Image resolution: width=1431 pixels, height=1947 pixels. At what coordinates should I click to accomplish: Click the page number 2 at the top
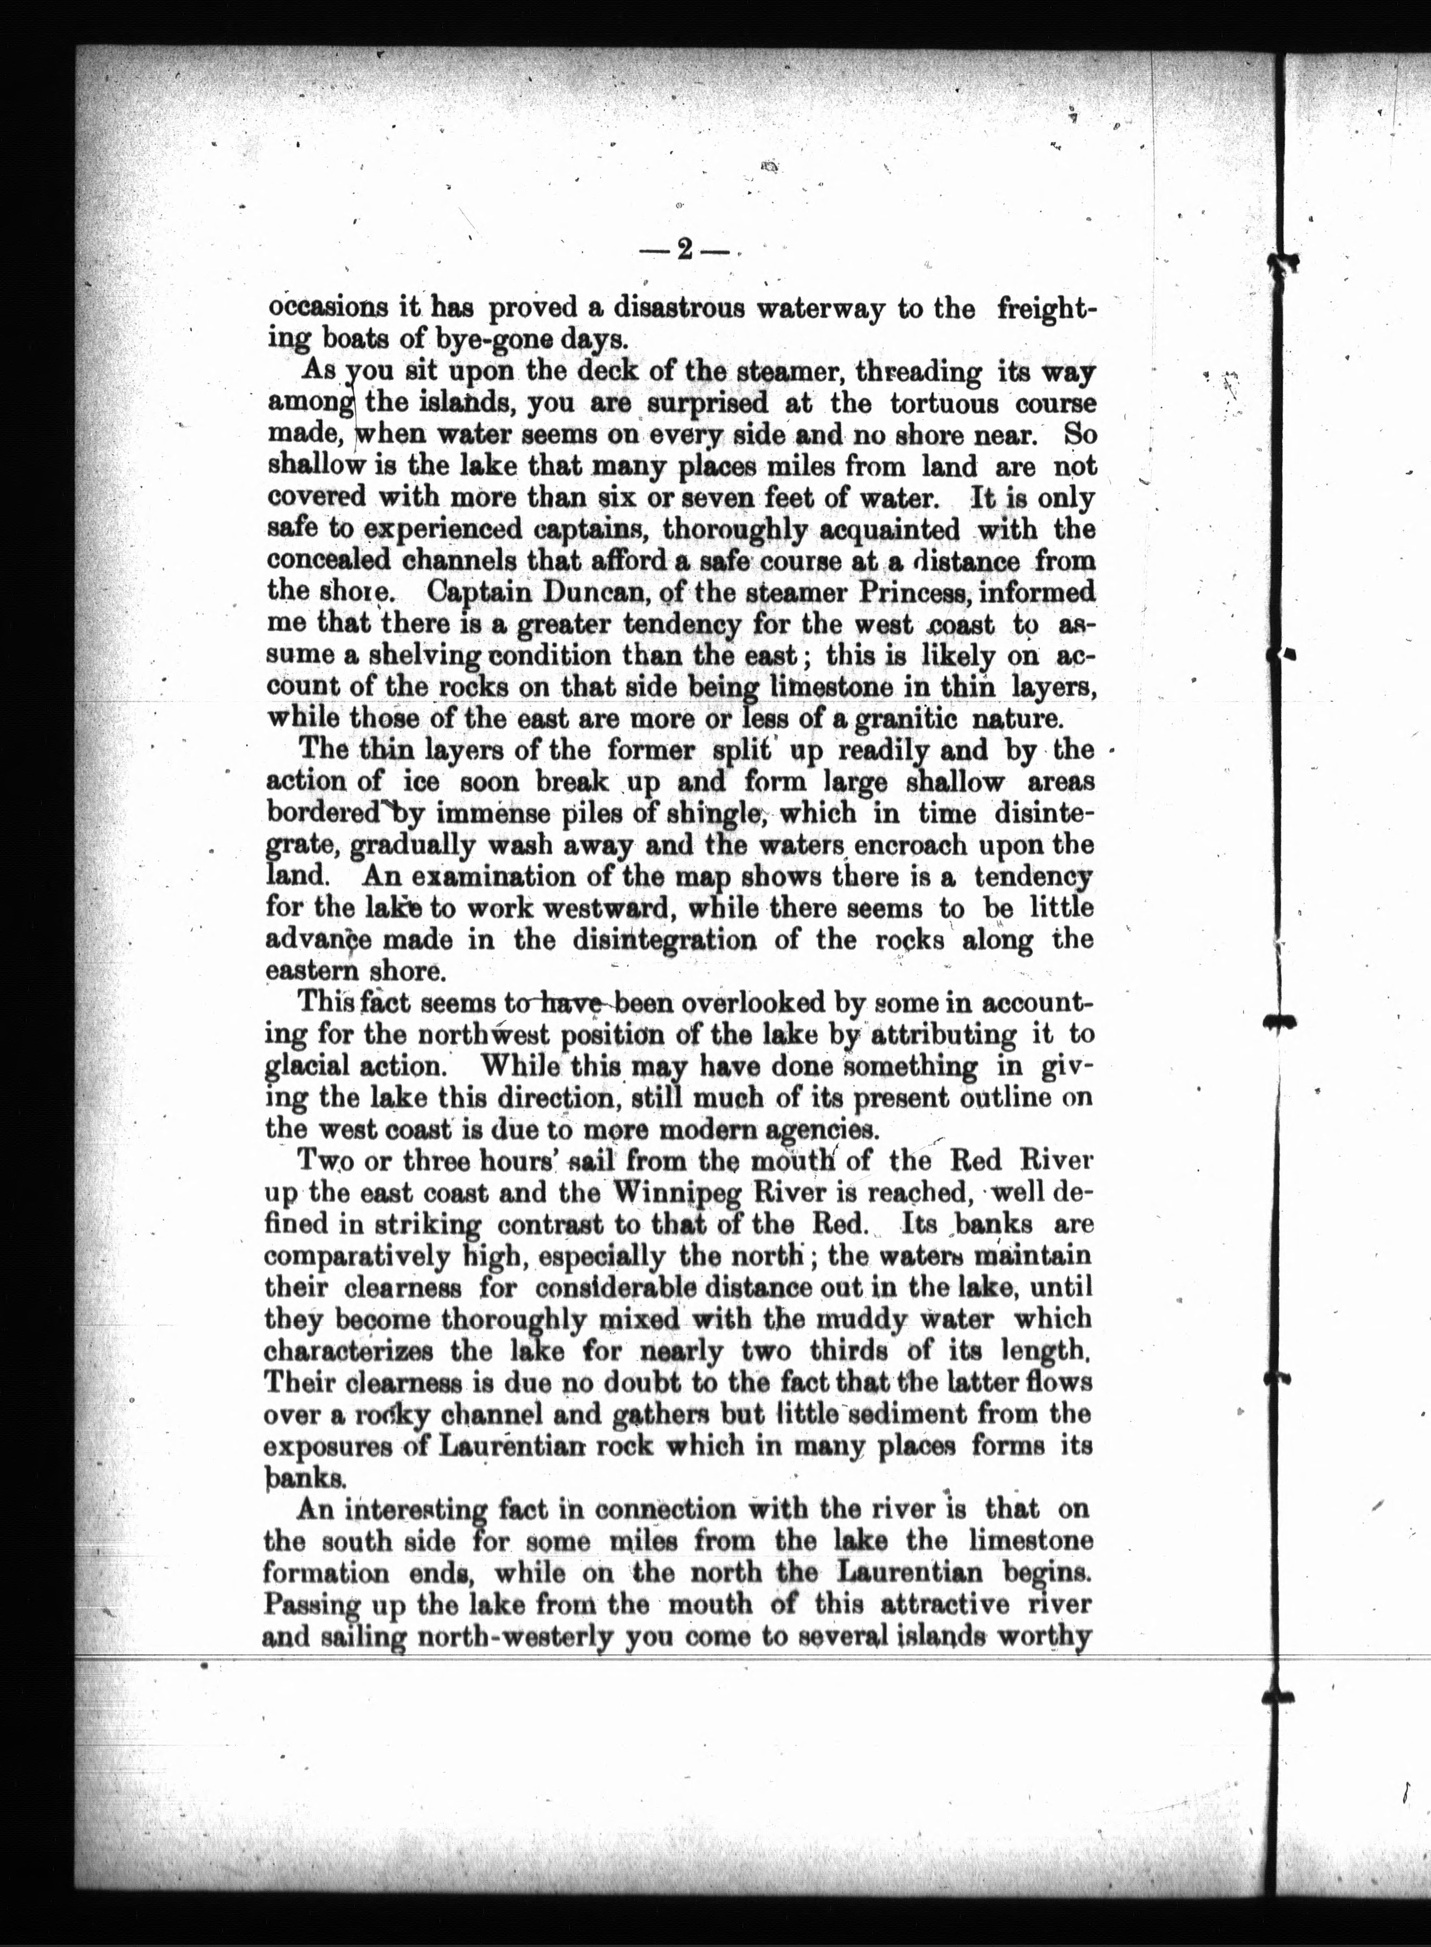click(x=684, y=250)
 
